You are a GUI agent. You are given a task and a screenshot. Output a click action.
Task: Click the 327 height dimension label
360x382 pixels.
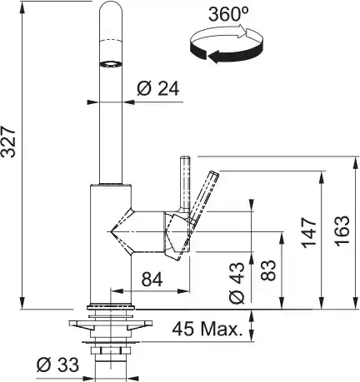click(8, 141)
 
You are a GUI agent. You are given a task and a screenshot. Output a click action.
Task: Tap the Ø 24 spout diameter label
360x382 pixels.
click(158, 89)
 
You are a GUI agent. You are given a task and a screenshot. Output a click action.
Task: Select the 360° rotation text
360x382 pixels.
click(228, 14)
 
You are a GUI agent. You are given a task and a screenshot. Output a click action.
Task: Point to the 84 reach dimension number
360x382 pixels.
click(152, 280)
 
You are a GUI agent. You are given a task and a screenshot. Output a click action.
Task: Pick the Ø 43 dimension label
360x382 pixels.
click(237, 283)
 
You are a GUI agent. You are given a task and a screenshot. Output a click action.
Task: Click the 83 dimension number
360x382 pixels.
click(268, 270)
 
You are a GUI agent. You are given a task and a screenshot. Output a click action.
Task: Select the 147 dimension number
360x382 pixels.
click(309, 233)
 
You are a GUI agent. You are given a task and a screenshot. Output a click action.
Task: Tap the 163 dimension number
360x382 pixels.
click(342, 231)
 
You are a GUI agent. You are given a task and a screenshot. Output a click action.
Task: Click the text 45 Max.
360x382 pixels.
click(206, 329)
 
